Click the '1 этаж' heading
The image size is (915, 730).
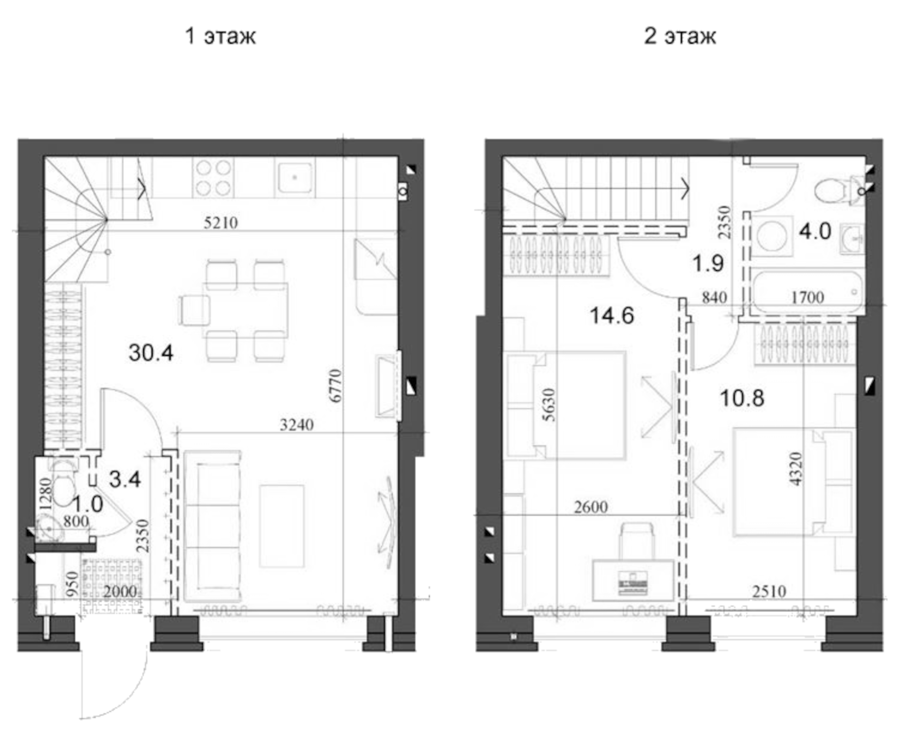coord(220,36)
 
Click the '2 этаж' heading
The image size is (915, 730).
coord(680,36)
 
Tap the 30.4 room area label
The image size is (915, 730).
coord(151,353)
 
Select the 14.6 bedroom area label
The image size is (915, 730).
coord(612,315)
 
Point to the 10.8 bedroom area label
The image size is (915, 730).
coord(742,398)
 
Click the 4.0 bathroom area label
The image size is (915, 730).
coord(815,231)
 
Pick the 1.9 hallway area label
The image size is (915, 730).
coord(708,263)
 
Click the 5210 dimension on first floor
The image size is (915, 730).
coord(221,223)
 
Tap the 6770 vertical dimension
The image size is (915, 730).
coord(335,386)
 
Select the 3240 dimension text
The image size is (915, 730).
coord(297,425)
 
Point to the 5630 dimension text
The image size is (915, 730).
coord(549,405)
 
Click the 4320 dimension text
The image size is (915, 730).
coord(796,469)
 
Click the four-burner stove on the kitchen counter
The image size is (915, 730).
coord(213,177)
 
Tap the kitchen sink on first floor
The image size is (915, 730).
coord(295,177)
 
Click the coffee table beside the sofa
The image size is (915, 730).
coord(282,526)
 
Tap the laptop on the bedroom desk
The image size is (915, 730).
coord(633,582)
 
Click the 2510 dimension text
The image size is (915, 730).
coord(769,591)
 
